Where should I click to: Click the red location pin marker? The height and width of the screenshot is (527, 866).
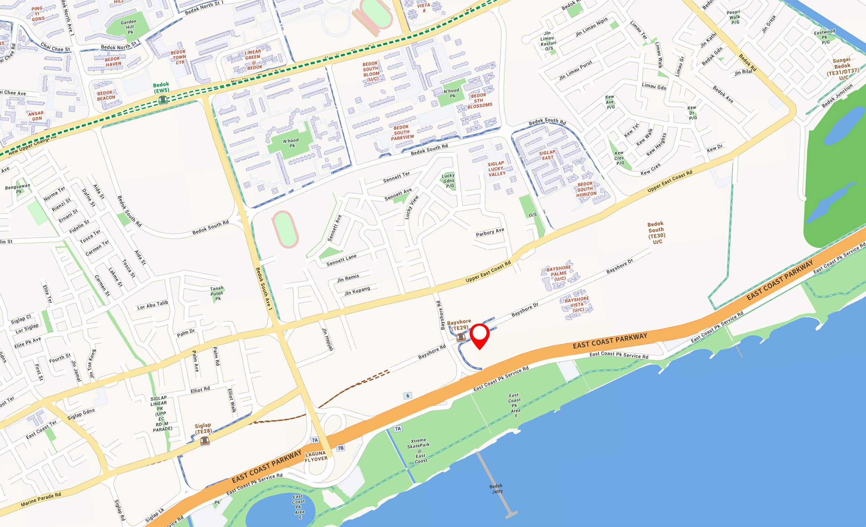[480, 335]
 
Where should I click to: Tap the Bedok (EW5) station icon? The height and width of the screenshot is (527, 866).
[163, 100]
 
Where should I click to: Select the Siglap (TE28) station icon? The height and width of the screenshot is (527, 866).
[205, 440]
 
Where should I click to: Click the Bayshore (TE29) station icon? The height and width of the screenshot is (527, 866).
[461, 338]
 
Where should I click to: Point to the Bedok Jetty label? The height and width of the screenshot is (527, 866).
[496, 489]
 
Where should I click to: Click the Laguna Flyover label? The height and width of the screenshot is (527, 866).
[316, 456]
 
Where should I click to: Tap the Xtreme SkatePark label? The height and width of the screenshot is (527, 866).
[419, 450]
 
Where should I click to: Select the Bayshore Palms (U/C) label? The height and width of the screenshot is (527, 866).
[559, 273]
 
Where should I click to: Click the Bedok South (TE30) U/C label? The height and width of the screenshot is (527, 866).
[656, 233]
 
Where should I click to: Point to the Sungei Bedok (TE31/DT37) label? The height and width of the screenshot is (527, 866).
[842, 68]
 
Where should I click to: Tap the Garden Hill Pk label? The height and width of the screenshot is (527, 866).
[129, 27]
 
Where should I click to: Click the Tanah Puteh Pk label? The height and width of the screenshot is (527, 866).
[217, 293]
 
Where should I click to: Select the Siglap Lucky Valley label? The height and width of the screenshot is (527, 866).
[496, 169]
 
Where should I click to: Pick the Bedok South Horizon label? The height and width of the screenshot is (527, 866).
[586, 189]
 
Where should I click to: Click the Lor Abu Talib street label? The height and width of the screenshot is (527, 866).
[152, 305]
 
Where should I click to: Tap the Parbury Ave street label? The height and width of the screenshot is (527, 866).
[490, 232]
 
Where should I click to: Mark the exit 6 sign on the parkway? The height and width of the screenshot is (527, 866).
[408, 396]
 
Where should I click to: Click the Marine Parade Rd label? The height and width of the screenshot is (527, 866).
[41, 500]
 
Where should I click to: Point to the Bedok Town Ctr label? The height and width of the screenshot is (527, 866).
[179, 57]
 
